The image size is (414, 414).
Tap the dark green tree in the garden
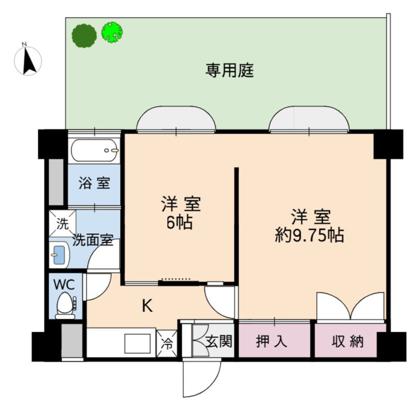click(84, 36)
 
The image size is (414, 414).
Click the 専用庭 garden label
click(230, 70)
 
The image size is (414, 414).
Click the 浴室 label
click(94, 183)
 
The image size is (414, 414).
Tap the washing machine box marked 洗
click(62, 224)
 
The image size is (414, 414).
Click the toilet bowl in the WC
click(65, 304)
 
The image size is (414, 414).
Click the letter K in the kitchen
click(147, 306)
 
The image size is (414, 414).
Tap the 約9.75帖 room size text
click(309, 235)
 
